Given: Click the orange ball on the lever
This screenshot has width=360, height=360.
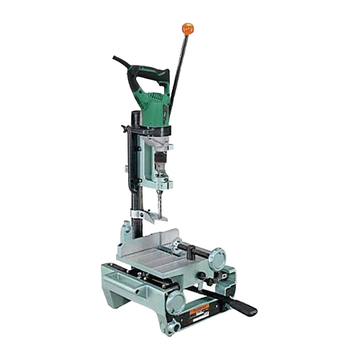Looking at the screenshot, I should (x=188, y=29).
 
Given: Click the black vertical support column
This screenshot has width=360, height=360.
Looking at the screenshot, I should (x=135, y=173).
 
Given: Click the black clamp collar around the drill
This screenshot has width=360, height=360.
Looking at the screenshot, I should (x=151, y=130).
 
